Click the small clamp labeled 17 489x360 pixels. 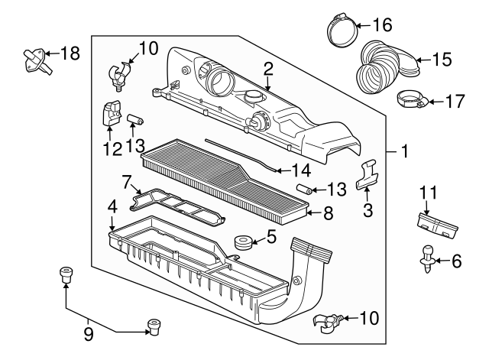(x=410, y=99)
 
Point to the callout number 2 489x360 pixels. (x=268, y=70)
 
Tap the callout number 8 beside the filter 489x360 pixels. (x=328, y=214)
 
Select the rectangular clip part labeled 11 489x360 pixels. (x=436, y=222)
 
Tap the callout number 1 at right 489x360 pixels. (x=405, y=152)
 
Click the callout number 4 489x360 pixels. (x=112, y=206)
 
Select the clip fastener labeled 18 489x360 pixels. (x=33, y=60)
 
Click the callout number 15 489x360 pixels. (x=442, y=59)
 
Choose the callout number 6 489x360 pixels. (x=457, y=261)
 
